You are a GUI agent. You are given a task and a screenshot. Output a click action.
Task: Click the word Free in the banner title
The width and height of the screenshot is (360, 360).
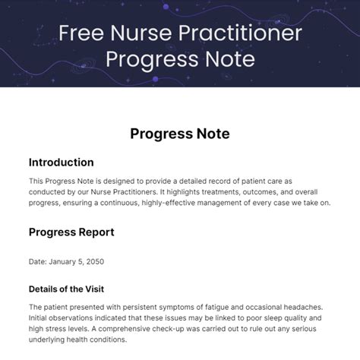coord(81,33)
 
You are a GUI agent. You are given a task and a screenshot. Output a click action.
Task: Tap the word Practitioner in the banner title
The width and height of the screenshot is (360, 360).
coord(240,33)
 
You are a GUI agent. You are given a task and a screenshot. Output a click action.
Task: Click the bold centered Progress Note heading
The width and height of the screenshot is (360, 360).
coord(180,134)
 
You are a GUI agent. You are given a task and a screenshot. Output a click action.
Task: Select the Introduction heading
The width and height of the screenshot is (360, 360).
coord(62,163)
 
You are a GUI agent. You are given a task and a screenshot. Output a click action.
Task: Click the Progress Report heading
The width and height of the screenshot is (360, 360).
coord(71,232)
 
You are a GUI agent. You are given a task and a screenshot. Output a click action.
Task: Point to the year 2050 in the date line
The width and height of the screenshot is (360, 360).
coord(95,261)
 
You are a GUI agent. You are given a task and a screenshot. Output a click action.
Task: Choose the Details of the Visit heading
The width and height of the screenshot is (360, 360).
coord(66,289)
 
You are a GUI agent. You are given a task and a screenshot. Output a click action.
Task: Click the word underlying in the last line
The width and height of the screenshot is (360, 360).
coord(46,339)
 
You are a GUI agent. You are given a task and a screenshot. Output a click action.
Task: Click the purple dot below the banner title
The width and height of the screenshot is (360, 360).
coord(156,79)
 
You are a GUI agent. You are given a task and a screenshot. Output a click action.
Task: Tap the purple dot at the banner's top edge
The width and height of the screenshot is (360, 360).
coord(166,7)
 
